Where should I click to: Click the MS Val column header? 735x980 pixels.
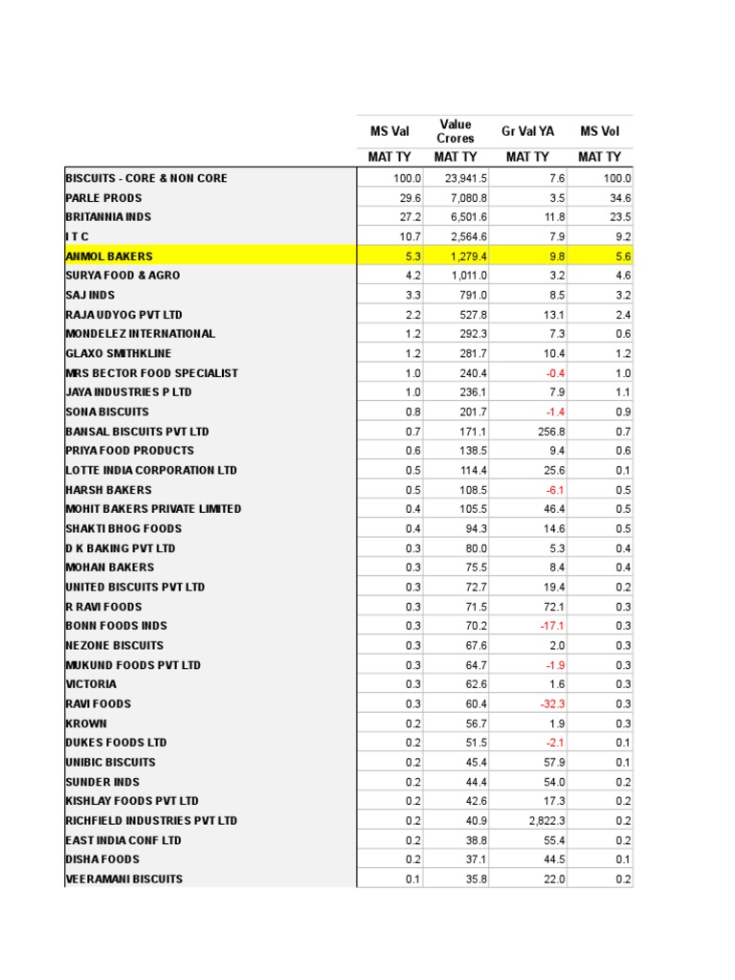tap(390, 131)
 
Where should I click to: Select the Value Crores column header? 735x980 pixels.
tap(456, 131)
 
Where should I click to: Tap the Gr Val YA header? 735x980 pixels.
tap(527, 131)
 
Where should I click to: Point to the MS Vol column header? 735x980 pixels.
tap(600, 131)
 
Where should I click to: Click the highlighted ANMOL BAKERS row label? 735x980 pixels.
tap(109, 256)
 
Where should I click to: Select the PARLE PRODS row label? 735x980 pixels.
tap(103, 197)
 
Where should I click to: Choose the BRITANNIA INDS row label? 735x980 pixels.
tap(109, 216)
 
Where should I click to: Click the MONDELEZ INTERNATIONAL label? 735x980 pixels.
tap(140, 333)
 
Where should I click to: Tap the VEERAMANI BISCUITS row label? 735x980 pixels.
tap(124, 879)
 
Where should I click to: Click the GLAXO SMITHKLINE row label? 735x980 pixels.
tap(119, 353)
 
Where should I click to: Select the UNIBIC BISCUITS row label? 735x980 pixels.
tap(110, 762)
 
